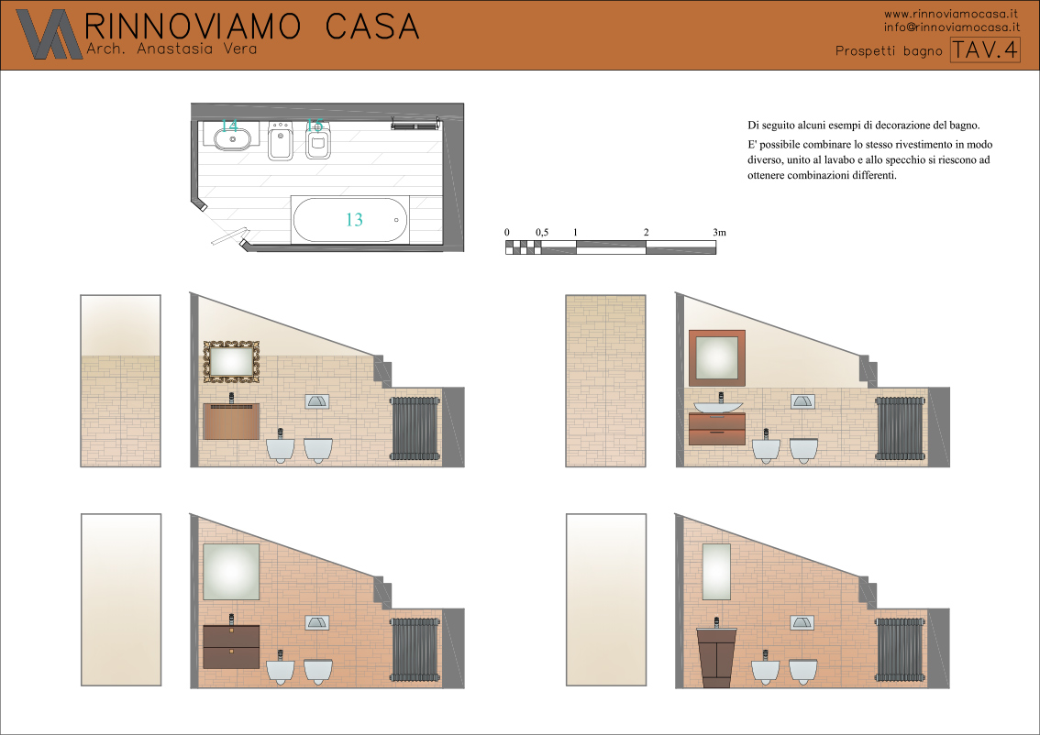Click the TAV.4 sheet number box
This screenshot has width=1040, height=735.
(x=985, y=49)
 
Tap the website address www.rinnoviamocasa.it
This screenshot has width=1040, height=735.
(x=951, y=13)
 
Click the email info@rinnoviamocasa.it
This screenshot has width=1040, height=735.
(x=952, y=27)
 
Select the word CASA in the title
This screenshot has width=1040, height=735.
(x=372, y=27)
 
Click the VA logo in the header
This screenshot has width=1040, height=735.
(x=50, y=34)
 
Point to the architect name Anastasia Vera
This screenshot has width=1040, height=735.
(x=197, y=49)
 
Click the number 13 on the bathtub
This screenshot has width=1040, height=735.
(x=354, y=219)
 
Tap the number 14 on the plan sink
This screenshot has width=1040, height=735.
(x=229, y=126)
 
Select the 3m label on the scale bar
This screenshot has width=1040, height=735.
(x=720, y=232)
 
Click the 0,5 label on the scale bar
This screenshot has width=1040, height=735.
(x=542, y=232)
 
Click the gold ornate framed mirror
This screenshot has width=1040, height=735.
(x=231, y=361)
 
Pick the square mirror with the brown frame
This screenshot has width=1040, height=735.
(x=717, y=358)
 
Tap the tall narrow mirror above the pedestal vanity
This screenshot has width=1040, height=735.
(x=716, y=572)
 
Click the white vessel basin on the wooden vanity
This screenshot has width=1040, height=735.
(x=719, y=406)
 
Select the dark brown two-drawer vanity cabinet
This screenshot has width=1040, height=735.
(x=231, y=647)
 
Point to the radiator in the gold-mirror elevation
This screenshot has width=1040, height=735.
(x=415, y=428)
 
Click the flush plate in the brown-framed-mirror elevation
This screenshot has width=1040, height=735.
(x=802, y=401)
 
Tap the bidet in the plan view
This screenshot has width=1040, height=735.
(x=281, y=140)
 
